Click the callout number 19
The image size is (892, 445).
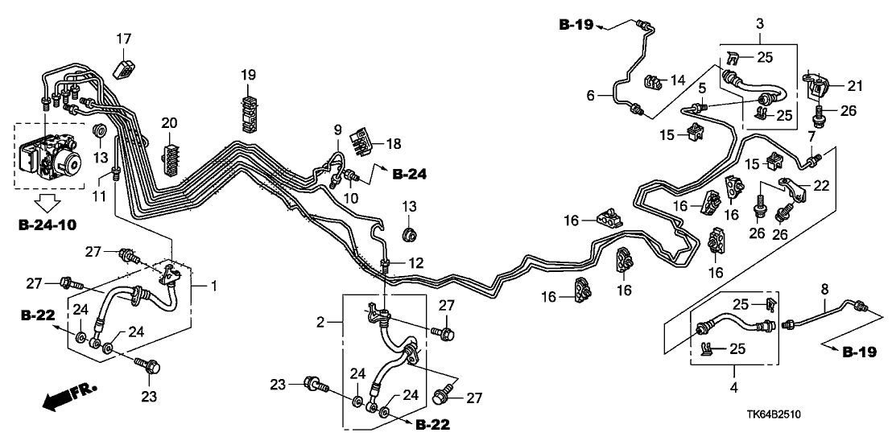coord(248,75)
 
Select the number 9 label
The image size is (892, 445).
coord(338,129)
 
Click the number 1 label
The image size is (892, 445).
coord(213,286)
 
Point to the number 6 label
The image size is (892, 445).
coord(591,95)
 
